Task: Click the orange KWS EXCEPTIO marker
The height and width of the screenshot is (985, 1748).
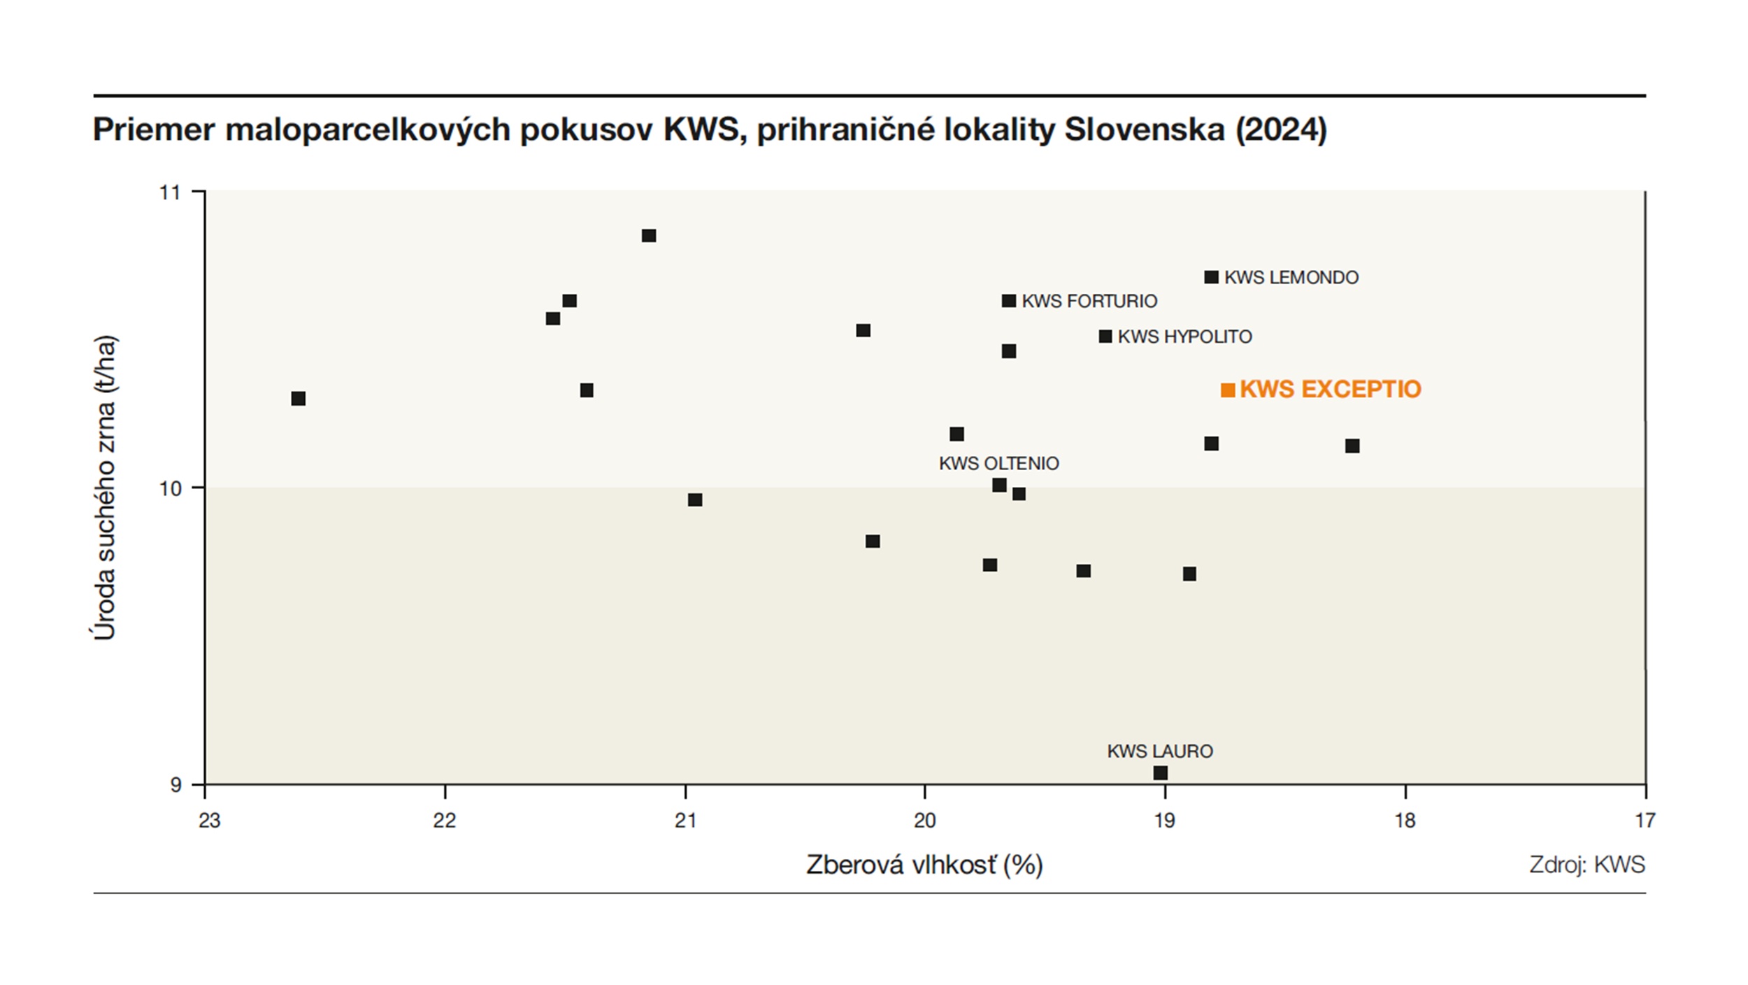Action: [1228, 390]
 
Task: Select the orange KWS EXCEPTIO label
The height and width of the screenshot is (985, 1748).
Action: [1330, 389]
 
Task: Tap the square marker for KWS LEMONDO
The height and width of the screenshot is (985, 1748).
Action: [1212, 277]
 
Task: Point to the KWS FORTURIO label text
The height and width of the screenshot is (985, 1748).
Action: [1089, 301]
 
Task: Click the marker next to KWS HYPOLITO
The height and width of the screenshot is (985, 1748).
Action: [1105, 336]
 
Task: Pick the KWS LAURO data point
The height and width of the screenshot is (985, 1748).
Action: [1161, 773]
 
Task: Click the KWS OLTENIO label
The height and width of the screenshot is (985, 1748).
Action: [998, 463]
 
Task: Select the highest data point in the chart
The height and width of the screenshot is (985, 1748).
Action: [649, 236]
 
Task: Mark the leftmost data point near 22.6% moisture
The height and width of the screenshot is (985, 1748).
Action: [299, 399]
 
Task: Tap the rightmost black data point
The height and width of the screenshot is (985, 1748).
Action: [1352, 446]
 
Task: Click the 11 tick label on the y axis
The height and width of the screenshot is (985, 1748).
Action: [170, 192]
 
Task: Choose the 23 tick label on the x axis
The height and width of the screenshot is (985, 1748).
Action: [209, 821]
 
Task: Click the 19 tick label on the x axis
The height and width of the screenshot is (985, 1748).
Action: [1165, 821]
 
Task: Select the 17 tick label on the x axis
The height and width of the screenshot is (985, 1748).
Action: [1645, 821]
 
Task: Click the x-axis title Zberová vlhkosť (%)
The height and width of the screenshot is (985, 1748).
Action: [924, 865]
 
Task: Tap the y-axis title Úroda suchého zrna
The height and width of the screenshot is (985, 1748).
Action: [105, 488]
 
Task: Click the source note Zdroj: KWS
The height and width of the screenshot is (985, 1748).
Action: [1587, 865]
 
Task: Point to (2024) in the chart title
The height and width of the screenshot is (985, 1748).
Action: [1281, 130]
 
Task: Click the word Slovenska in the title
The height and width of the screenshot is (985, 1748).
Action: [1144, 130]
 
